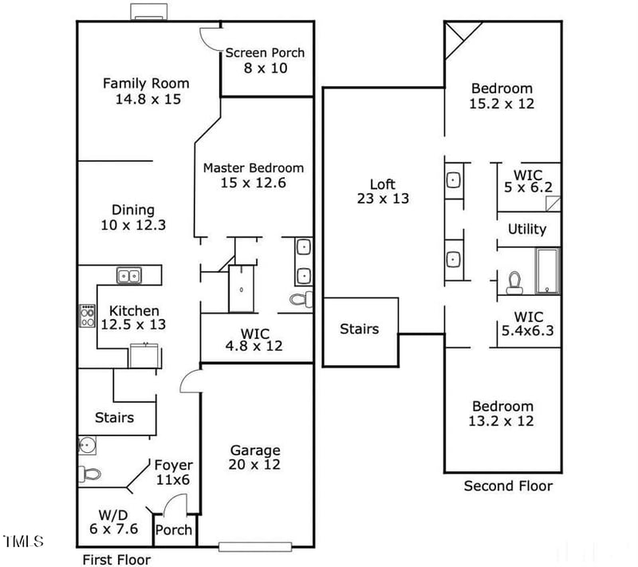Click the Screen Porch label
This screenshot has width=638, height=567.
265,61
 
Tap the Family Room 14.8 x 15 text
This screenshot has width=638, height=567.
146,91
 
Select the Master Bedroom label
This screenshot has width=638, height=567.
253,175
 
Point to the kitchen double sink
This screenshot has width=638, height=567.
128,276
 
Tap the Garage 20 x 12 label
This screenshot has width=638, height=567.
255,457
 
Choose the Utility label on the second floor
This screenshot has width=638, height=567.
527,230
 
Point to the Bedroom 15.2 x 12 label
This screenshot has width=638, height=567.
502,96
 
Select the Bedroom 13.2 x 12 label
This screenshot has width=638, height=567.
501,413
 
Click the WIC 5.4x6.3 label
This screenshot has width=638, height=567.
527,323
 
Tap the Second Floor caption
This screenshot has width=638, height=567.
508,486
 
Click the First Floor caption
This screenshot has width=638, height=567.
114,559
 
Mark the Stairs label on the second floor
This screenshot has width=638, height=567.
359,329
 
